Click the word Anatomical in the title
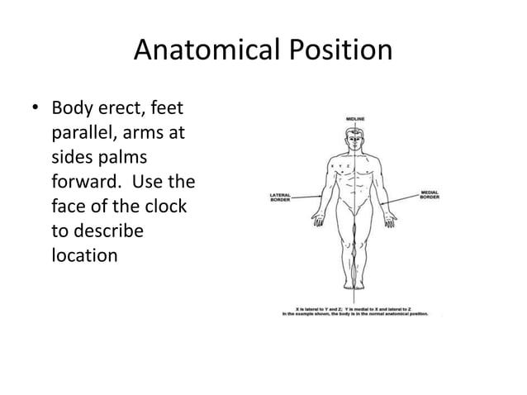point(197,52)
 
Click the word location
point(84,254)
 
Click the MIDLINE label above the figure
point(356,121)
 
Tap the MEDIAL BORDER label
point(430,198)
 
